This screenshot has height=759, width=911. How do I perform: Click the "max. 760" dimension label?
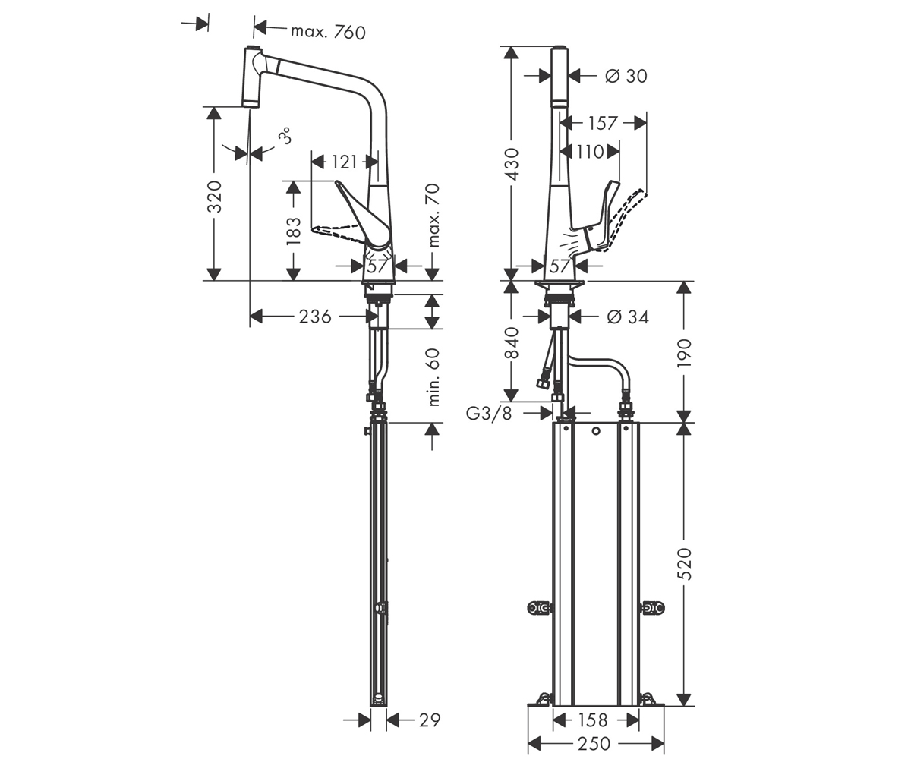328,33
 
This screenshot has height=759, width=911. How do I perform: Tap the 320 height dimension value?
214,197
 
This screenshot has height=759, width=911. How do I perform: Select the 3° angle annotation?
285,136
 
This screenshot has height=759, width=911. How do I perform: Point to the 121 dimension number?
344,162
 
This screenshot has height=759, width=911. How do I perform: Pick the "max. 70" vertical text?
433,216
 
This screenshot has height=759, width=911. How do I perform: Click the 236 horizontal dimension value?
315,317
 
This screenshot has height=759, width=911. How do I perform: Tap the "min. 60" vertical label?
433,377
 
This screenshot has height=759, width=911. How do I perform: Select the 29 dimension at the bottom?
430,720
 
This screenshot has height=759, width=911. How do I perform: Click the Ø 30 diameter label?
626,77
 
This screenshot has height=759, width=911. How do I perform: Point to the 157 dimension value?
603,124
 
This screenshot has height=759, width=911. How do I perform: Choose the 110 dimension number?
590,153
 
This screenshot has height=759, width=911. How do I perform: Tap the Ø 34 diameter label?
628,317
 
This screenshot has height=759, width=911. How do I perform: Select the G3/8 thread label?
489,413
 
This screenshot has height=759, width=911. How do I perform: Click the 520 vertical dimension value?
684,564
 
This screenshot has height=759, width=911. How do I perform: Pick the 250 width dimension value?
594,744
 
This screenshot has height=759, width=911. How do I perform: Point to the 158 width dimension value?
594,720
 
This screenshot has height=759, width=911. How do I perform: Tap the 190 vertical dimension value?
684,352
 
